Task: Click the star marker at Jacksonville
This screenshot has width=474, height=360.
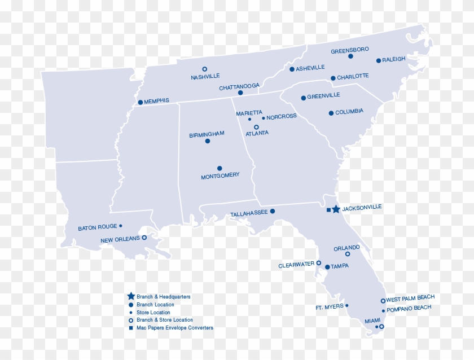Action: coord(336,209)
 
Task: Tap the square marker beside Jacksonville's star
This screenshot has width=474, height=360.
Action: coord(328,210)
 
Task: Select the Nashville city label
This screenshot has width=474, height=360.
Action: coord(205,76)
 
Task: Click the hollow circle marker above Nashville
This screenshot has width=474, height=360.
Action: coord(204,69)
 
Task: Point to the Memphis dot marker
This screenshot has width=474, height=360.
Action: coord(140,102)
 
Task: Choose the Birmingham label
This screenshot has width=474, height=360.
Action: coord(207,134)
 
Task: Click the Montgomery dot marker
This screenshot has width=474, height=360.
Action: coord(220,168)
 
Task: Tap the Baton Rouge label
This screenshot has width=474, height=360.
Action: coord(98,228)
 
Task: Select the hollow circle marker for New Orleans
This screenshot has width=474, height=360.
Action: coord(144,238)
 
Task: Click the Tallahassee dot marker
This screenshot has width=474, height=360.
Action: coord(273,211)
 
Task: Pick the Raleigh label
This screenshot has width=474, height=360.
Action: coord(394,59)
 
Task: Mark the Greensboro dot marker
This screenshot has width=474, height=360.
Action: coord(350,56)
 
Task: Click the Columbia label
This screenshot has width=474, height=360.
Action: coord(349,112)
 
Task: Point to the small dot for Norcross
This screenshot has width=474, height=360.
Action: coord(264,118)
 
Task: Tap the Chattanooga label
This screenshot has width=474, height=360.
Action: coord(239,87)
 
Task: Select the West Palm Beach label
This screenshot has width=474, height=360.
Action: coord(410,298)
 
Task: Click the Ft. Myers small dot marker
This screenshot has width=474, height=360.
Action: coord(346,306)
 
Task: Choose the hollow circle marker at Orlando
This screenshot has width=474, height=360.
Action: coord(348,254)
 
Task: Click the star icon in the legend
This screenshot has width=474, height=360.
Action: coord(131,296)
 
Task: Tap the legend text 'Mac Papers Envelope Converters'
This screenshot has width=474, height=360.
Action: coord(175,328)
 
